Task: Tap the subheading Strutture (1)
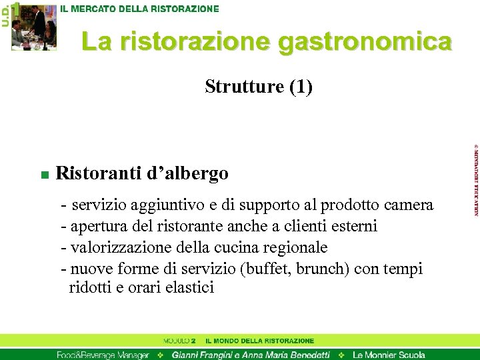point(259,87)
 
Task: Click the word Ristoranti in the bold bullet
point(98,174)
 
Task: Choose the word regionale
point(297,248)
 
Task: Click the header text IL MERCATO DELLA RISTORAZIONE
point(140,9)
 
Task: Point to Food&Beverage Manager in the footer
point(103,355)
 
